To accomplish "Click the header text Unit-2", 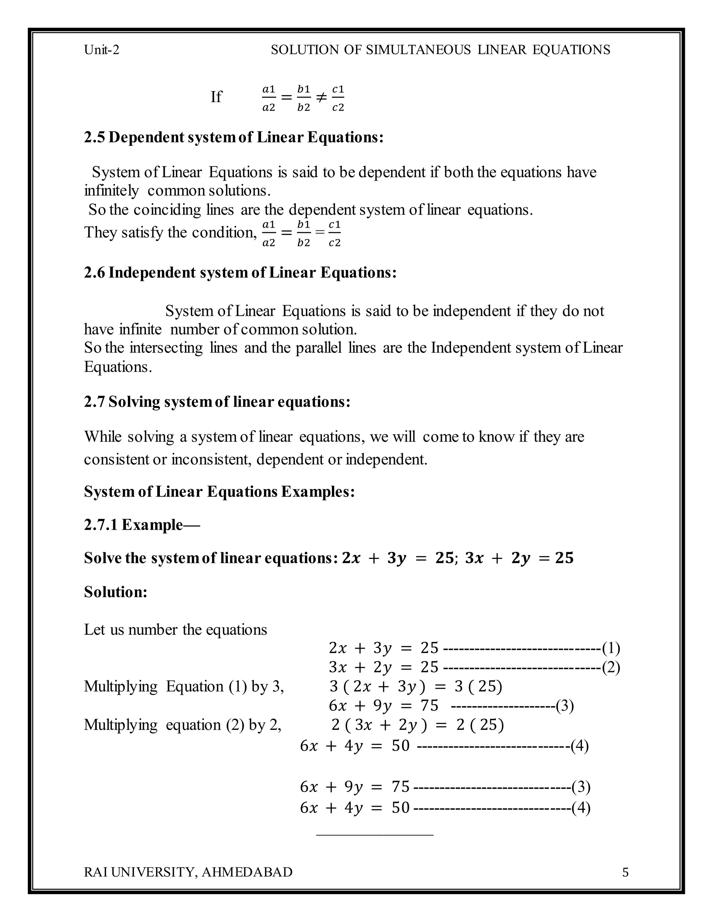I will pos(102,50).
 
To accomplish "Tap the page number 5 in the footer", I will pos(625,872).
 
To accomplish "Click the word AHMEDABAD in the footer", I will pos(247,872).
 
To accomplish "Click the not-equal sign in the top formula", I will pos(321,98).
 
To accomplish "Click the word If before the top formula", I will pos(216,97).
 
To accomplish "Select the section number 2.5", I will pos(94,138).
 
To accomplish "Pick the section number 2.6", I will pos(94,273).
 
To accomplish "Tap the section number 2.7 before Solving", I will pos(94,402).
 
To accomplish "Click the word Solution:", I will pos(115,592).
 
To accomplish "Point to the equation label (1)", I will pos(611,648).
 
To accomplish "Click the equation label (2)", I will pos(611,668).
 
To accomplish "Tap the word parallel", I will pos(318,348).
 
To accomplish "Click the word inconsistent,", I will pos(212,459).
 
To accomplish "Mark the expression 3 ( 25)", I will pos(478,686).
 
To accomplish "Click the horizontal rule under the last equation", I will pos(374,834).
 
